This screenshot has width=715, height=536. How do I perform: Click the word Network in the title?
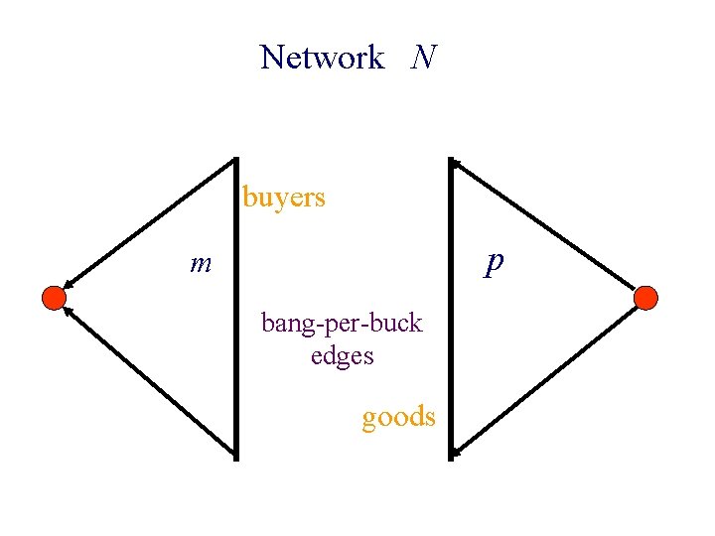(x=322, y=58)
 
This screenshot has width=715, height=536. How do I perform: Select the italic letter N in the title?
(x=423, y=57)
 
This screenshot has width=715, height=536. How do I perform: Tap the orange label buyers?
(x=284, y=198)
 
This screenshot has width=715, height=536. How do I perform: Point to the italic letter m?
(x=202, y=263)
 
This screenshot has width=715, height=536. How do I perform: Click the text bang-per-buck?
(x=342, y=323)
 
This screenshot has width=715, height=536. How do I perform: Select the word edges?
(x=342, y=354)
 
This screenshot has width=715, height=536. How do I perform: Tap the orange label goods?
(x=398, y=416)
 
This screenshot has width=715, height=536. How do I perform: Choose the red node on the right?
(x=645, y=297)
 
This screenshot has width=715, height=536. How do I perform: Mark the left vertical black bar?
(x=236, y=308)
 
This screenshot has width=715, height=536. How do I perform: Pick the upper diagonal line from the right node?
(x=546, y=224)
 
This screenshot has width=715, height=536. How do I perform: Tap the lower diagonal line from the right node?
(x=546, y=378)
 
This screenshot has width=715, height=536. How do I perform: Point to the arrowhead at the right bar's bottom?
(x=457, y=453)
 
